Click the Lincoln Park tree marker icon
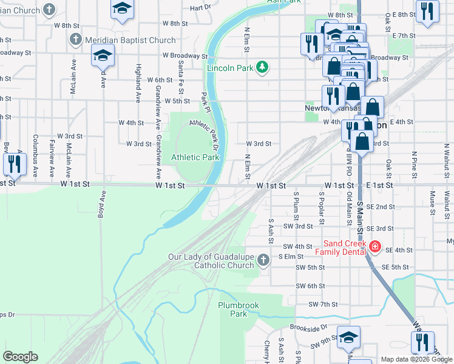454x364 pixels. [x=262, y=67]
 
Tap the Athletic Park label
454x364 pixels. [x=194, y=157]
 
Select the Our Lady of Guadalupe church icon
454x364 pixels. [x=262, y=260]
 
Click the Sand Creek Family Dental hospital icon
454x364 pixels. [x=374, y=246]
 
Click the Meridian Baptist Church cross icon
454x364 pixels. [x=75, y=40]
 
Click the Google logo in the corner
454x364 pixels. [x=21, y=357]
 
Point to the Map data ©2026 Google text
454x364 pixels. [x=416, y=359]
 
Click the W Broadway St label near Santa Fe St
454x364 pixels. [x=185, y=55]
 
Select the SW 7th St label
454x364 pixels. [x=322, y=304]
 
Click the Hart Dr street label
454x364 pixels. [x=200, y=8]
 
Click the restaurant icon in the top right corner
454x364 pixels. [x=428, y=10]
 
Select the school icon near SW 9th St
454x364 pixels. [x=349, y=337]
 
